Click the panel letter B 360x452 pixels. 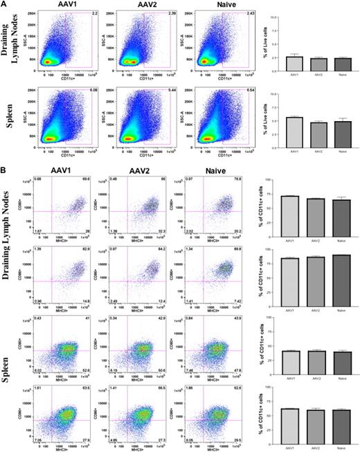[x=4, y=168]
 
